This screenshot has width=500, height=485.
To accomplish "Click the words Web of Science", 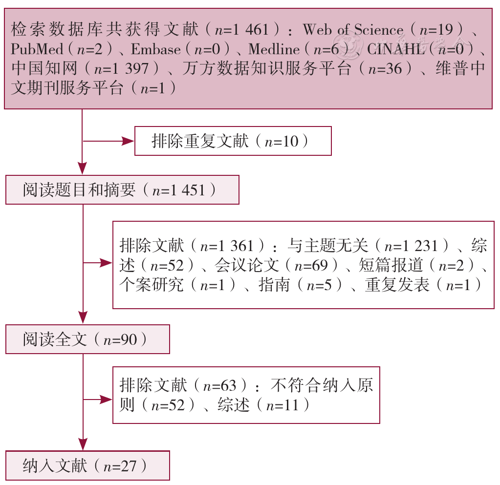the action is (353, 30).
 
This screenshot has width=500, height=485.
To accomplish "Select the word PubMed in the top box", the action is (37, 49).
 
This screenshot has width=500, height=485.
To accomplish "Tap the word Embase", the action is (156, 49).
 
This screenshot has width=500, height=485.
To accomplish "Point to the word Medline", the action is (274, 49).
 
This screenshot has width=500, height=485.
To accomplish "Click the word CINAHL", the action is (396, 49).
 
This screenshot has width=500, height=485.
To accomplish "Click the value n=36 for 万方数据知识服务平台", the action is (385, 69).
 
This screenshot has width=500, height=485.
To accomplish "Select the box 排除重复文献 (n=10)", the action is (233, 141).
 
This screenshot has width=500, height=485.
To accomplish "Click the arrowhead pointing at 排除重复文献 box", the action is (128, 141).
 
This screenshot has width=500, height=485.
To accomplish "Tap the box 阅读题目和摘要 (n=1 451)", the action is (123, 190).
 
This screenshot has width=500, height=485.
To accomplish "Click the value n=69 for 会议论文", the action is (311, 265).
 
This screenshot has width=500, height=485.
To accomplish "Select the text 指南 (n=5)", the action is (300, 285).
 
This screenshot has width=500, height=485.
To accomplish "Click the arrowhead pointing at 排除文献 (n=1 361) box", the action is (107, 263).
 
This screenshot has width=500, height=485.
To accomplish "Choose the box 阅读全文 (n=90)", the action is (87, 339).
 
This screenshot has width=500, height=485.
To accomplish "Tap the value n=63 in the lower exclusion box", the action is (220, 386).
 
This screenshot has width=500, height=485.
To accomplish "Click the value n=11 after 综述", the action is (283, 405).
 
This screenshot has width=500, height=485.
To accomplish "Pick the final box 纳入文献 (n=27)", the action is (87, 465).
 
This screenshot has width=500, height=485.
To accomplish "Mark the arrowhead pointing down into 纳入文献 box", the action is (83, 445).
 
